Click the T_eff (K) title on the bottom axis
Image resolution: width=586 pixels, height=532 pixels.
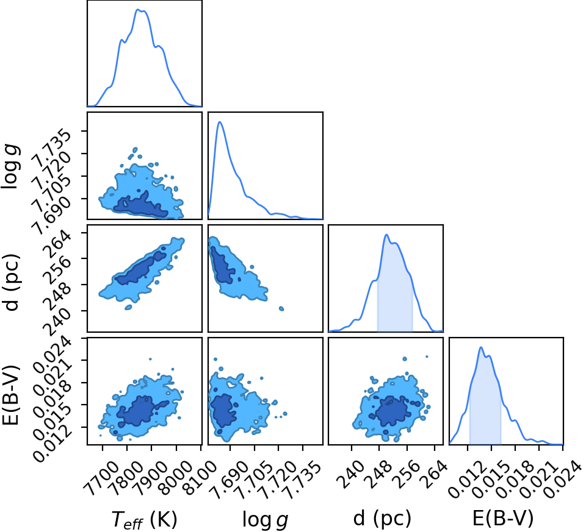pos(144,519)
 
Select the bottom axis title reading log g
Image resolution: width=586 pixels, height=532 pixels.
pos(266,519)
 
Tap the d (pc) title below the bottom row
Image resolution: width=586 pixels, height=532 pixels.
pos(382,518)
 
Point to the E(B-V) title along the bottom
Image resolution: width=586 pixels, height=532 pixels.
pos(503,518)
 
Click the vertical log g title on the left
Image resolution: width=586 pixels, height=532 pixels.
pos(11,166)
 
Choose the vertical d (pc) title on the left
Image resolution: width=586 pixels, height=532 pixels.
pos(12,282)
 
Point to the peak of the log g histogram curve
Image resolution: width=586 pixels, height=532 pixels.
pos(220,122)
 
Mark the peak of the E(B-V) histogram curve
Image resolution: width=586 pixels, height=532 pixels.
pos(481,347)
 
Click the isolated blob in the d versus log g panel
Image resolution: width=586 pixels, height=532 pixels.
pos(281,308)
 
